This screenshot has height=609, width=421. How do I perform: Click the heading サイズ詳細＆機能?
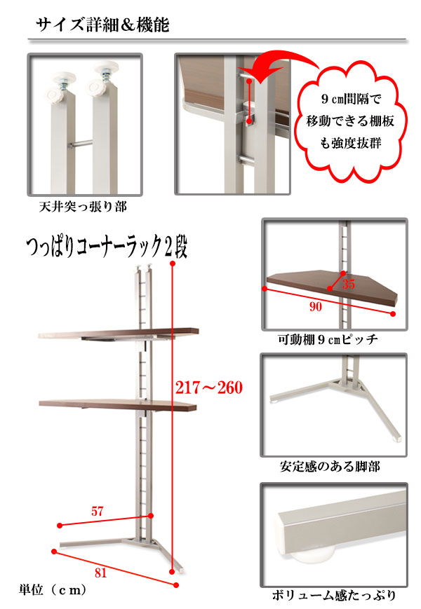[102, 25]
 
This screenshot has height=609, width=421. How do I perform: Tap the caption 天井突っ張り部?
[83, 207]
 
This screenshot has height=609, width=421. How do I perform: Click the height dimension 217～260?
[209, 388]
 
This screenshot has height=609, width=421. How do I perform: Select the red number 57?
[98, 511]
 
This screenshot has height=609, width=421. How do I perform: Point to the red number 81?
[100, 573]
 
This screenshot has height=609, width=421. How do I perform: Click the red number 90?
[316, 307]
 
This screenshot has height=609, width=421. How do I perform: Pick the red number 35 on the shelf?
[348, 285]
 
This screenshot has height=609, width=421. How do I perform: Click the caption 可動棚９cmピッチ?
[328, 339]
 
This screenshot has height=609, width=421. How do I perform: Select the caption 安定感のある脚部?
[330, 466]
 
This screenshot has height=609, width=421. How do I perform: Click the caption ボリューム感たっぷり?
[333, 595]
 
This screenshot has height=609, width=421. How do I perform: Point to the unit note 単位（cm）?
[53, 590]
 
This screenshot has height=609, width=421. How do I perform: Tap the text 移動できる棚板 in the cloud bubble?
[350, 121]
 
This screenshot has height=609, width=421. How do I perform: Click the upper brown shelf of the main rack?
[119, 334]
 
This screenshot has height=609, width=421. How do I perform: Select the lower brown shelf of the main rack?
[118, 404]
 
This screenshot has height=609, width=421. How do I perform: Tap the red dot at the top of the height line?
[172, 264]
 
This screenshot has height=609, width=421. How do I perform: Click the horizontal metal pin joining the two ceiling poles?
[81, 144]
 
